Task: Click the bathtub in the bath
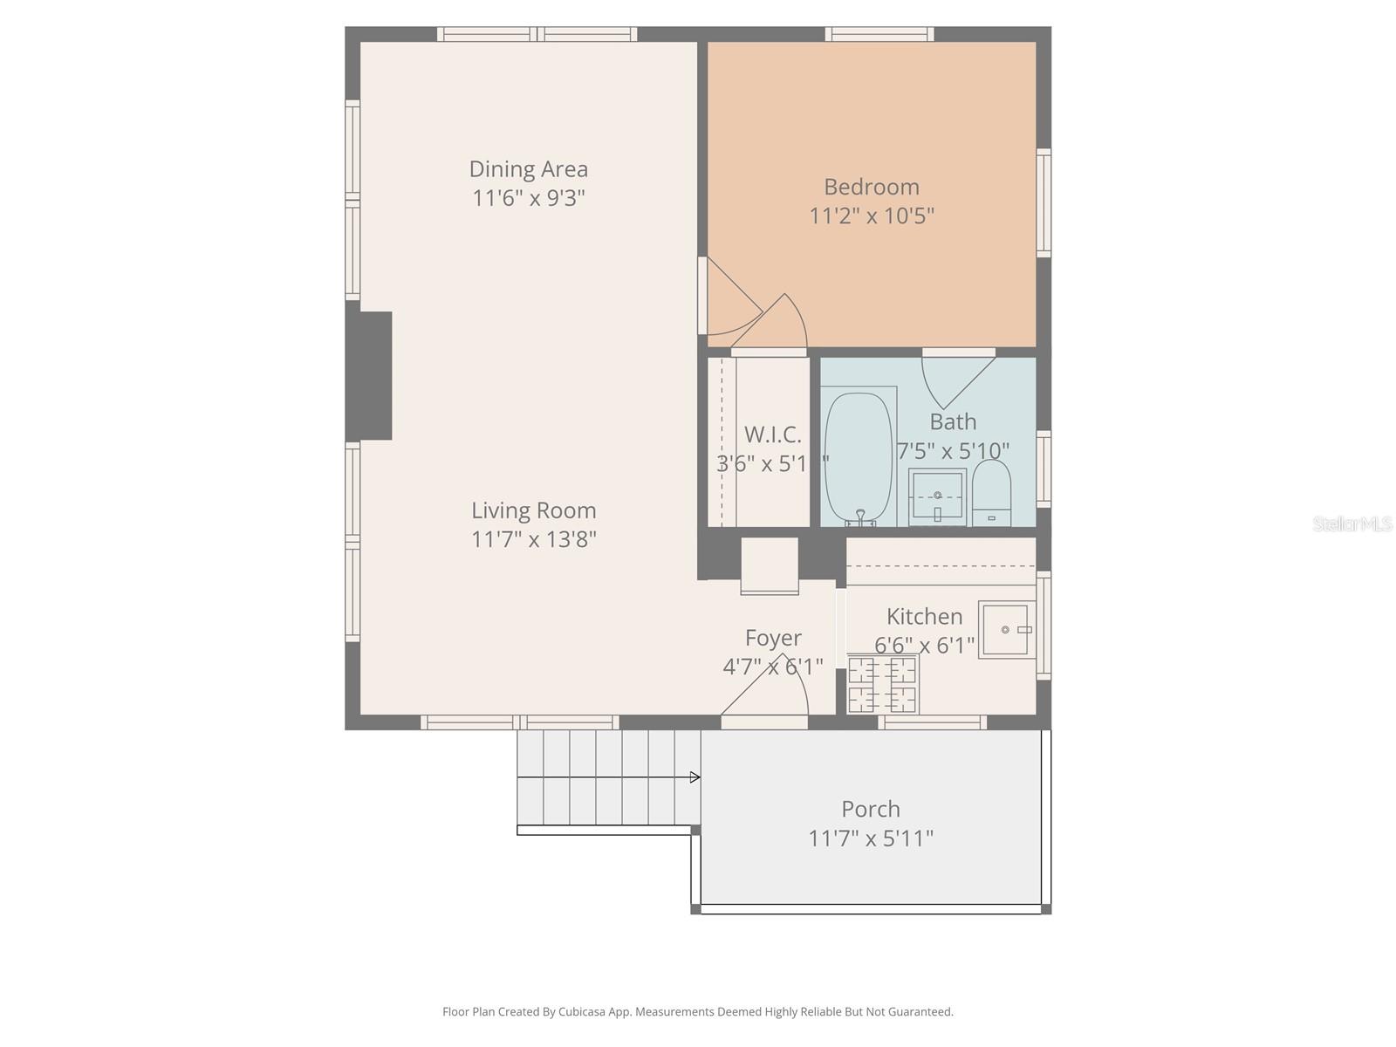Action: [x=859, y=458]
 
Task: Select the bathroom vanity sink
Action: [x=938, y=496]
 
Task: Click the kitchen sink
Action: [x=1006, y=629]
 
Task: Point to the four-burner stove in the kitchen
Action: [x=882, y=685]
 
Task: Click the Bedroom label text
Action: [x=871, y=187]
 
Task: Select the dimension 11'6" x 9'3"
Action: [x=528, y=198]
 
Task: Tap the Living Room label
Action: [x=533, y=510]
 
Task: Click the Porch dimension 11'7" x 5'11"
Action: [x=870, y=838]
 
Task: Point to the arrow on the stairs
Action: [x=695, y=777]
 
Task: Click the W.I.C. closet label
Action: [x=772, y=435]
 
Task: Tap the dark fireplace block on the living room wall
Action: [x=370, y=375]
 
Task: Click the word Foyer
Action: [x=773, y=638]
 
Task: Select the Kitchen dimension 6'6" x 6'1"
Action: [x=924, y=646]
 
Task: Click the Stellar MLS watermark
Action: [x=1352, y=524]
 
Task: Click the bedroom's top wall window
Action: [x=879, y=35]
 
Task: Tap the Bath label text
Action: [x=953, y=422]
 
